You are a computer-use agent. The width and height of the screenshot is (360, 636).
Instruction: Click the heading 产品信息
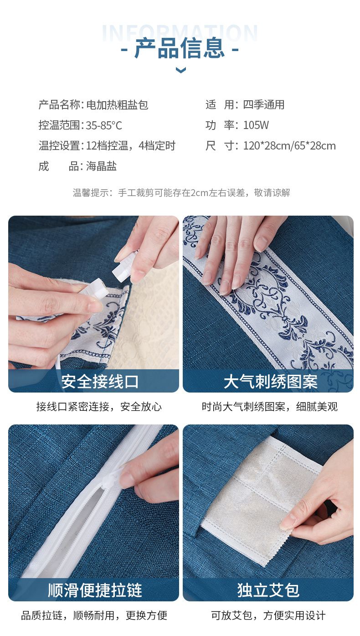[x=180, y=48]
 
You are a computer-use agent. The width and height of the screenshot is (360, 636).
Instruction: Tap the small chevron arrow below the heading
[x=181, y=70]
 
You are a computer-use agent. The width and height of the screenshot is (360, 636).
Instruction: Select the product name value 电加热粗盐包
[x=117, y=105]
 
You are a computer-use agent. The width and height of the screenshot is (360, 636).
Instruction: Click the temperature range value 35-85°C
[x=104, y=125]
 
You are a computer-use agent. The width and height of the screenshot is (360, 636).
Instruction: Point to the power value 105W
[x=256, y=125]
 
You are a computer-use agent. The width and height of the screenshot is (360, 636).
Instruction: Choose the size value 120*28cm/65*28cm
[x=289, y=145]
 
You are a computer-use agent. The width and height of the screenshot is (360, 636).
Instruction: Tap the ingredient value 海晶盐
[x=101, y=166]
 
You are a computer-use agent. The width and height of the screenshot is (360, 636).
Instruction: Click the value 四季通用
[x=263, y=105]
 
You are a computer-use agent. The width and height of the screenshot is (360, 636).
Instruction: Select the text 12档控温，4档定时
[x=131, y=145]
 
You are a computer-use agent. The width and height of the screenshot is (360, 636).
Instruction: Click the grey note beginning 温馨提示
[x=181, y=193]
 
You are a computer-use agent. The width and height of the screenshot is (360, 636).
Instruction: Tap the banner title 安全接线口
[x=100, y=381]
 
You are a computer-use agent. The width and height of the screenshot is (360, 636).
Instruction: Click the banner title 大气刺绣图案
[x=270, y=381]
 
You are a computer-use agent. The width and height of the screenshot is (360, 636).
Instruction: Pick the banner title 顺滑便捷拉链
[x=95, y=590]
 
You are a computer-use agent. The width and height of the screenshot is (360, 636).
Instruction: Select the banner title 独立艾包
[x=268, y=590]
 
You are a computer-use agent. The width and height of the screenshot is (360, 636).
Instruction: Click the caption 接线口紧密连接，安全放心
[x=99, y=407]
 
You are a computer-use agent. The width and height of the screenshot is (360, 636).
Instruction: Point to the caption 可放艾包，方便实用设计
[x=268, y=615]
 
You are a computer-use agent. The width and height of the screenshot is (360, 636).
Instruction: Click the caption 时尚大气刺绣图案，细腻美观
[x=269, y=407]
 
